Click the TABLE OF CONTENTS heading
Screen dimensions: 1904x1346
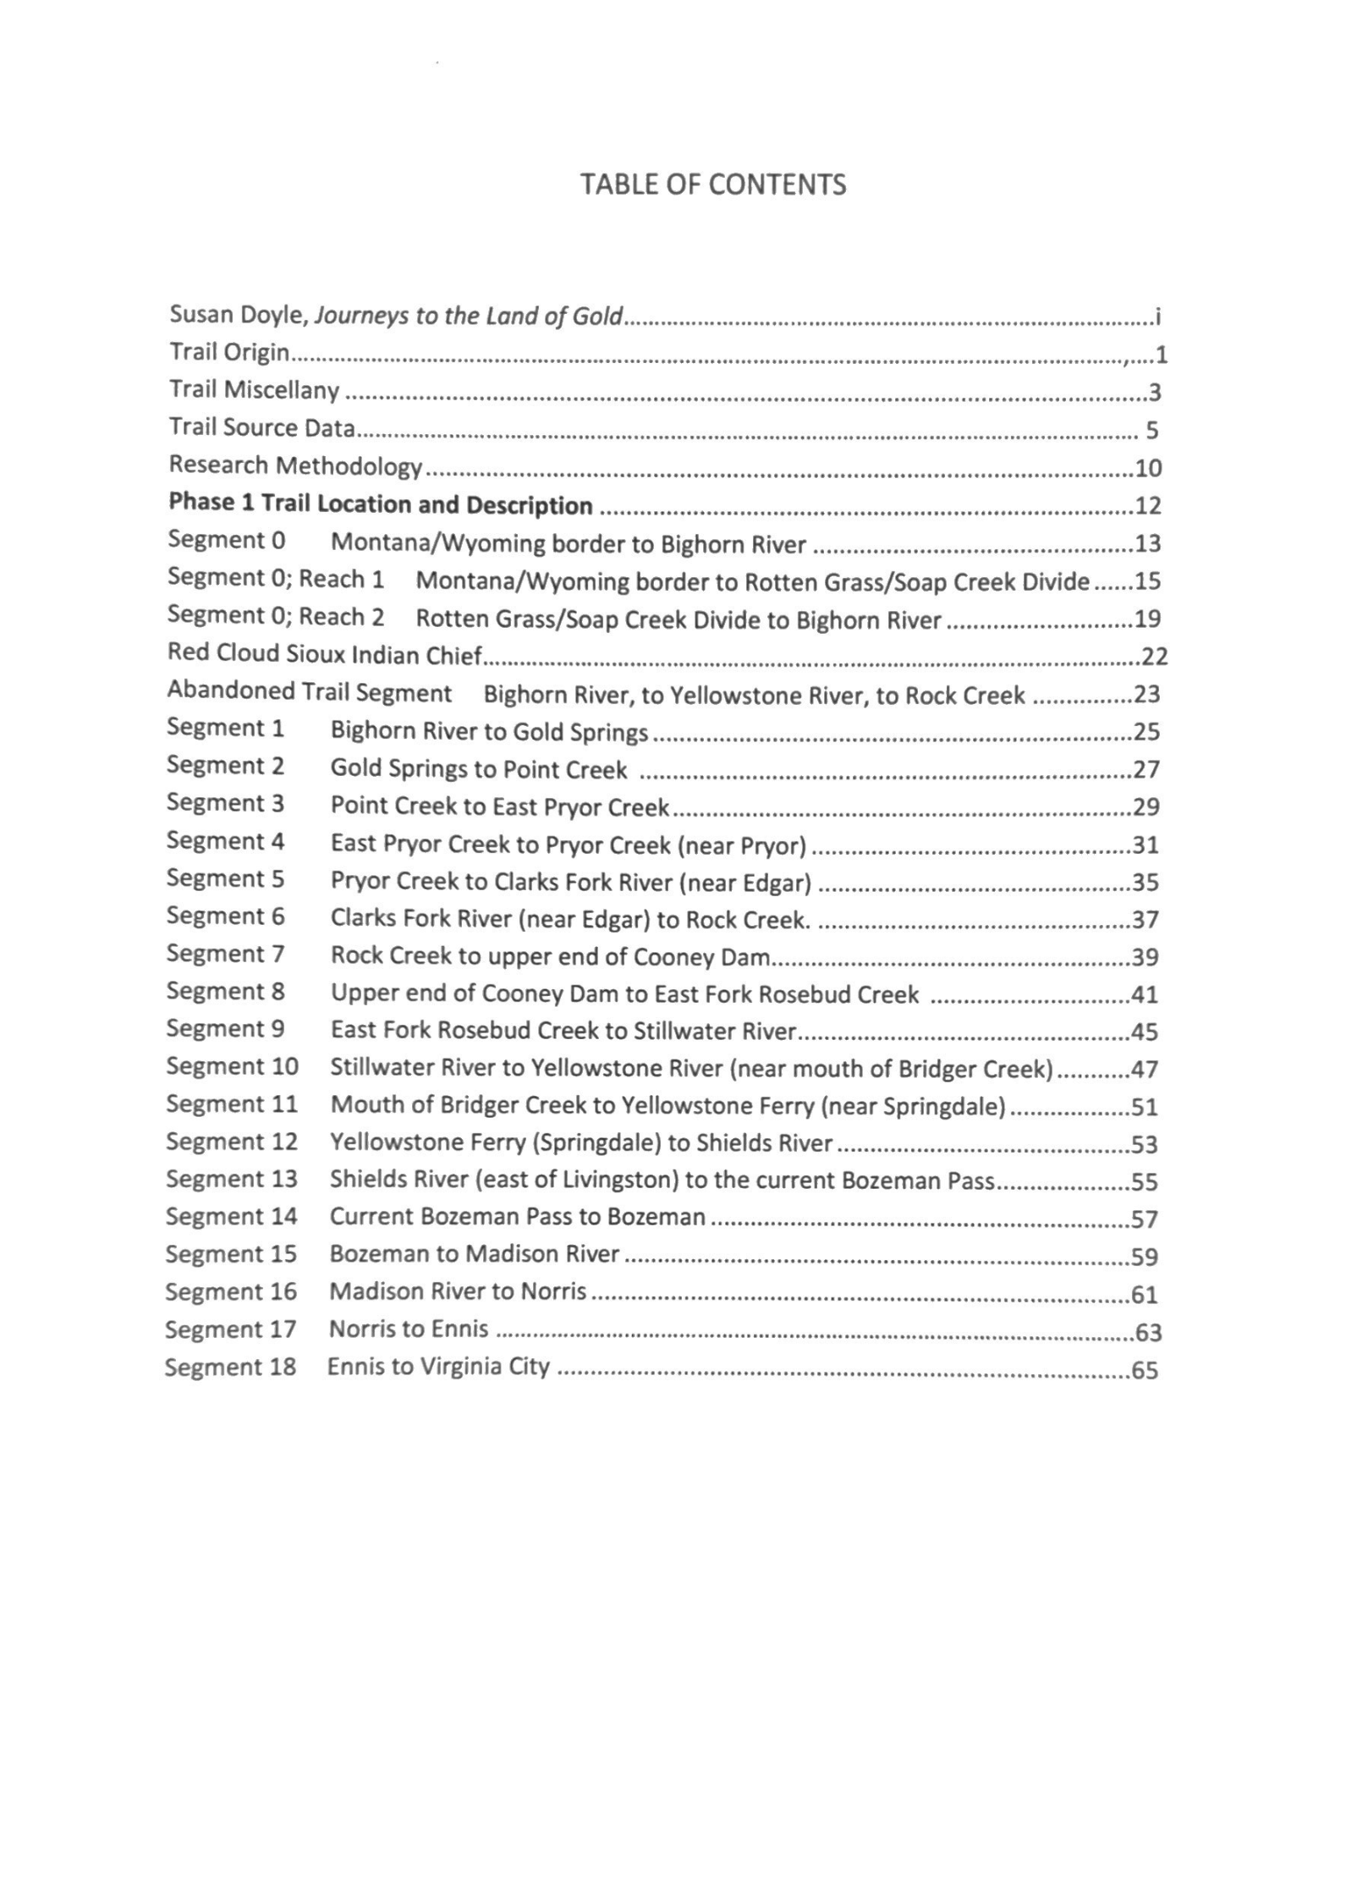pos(712,184)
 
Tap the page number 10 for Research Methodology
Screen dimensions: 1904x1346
pos(1148,468)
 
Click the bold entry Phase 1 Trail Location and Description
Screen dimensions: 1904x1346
pos(381,504)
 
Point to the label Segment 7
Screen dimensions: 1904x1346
pos(225,954)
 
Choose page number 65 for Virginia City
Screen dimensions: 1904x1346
pos(1145,1370)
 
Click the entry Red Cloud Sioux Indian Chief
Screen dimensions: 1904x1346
pos(325,654)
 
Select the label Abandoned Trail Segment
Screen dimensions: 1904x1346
pos(310,692)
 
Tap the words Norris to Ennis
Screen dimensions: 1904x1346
pos(409,1329)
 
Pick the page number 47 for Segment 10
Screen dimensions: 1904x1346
pos(1145,1070)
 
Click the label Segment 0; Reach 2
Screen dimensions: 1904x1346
pos(276,617)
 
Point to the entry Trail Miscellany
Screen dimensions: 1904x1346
pos(254,390)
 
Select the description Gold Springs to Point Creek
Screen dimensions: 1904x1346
pos(479,768)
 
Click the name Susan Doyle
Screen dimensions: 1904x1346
pos(238,315)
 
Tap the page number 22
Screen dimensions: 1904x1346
pos(1154,656)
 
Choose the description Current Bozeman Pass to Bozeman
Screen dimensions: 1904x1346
pos(517,1217)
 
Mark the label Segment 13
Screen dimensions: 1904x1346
pos(232,1179)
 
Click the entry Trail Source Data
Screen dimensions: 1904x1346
pos(261,428)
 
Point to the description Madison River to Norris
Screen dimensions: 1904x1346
pos(458,1291)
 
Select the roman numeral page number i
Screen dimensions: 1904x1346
pos(1157,318)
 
